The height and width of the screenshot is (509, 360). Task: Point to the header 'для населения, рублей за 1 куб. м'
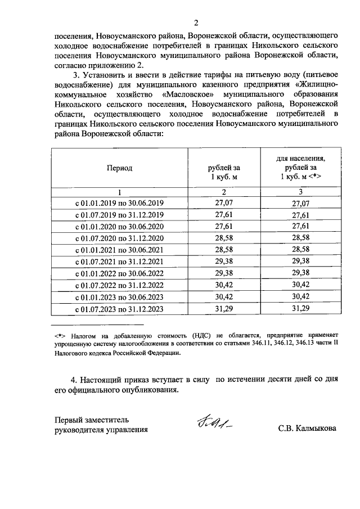click(x=300, y=168)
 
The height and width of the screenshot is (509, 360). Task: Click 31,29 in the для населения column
click(x=301, y=309)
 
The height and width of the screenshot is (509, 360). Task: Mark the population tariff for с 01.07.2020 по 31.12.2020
click(x=301, y=238)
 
